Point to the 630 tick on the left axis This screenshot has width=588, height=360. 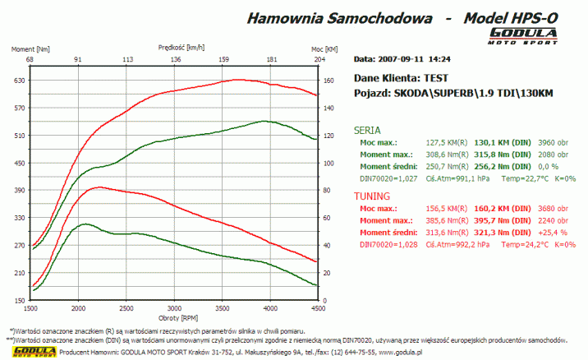pos(19,81)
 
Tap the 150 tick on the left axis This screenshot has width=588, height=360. pos(19,300)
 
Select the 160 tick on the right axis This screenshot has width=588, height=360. pos(330,81)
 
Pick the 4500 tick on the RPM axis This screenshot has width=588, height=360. pos(317,308)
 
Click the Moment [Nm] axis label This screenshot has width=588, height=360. pos(30,49)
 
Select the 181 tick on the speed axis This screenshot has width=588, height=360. pos(271,60)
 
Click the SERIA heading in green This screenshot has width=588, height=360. pos(366,130)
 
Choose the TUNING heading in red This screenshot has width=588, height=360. pos(371,196)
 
